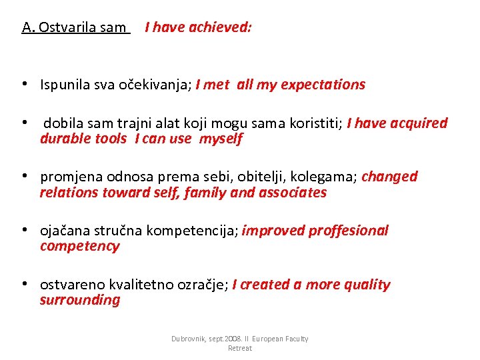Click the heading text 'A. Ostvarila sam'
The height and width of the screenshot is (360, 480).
[75, 27]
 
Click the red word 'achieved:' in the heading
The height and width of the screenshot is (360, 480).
[220, 27]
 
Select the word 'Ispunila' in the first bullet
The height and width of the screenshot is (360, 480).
[64, 85]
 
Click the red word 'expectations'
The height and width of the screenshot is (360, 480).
[323, 85]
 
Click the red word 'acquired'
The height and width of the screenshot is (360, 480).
[419, 123]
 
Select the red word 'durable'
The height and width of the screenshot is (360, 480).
[64, 139]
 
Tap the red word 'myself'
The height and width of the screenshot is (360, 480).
[221, 139]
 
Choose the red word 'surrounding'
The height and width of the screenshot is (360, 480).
[80, 300]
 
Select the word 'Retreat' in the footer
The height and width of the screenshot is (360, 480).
[239, 348]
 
